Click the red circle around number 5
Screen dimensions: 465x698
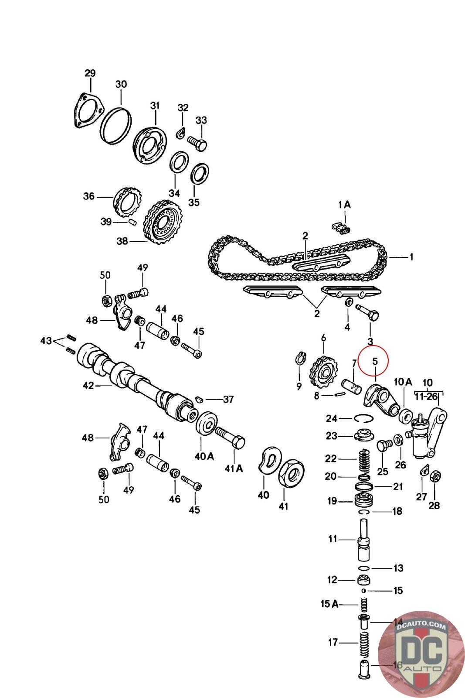[374, 361]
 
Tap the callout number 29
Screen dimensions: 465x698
[90, 73]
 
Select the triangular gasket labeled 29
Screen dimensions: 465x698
[84, 111]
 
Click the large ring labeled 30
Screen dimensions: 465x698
[116, 124]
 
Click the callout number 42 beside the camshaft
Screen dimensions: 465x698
[88, 386]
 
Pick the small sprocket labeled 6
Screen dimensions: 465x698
[322, 375]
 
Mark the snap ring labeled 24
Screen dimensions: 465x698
[363, 418]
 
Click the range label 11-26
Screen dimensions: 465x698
[426, 397]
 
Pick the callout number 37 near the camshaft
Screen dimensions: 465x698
[228, 399]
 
